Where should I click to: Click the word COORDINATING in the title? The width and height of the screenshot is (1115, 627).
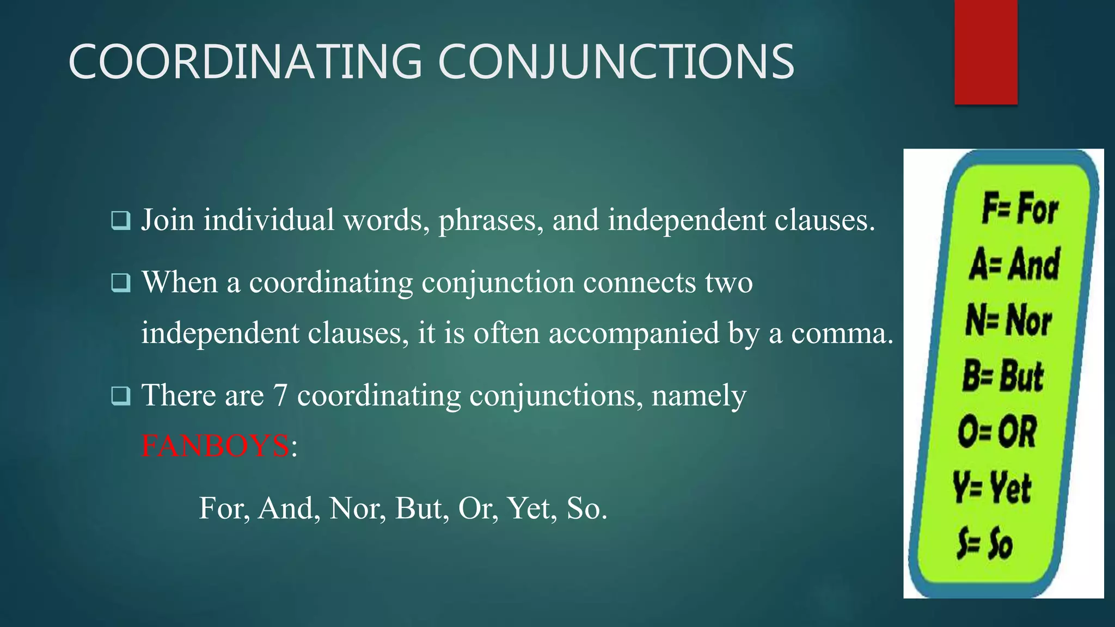point(245,62)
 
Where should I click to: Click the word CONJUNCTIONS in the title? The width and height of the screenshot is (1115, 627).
point(616,62)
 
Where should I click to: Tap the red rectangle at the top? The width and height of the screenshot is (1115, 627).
point(985,52)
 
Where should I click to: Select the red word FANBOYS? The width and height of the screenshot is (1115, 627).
point(215,446)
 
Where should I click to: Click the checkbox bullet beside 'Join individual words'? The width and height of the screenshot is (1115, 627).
point(120,220)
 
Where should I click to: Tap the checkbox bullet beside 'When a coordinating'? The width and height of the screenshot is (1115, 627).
point(120,283)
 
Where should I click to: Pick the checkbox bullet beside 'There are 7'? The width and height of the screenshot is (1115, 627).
point(120,396)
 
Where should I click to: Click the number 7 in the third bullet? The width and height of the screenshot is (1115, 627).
point(280,395)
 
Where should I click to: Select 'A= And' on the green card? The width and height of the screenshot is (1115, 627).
point(1014,265)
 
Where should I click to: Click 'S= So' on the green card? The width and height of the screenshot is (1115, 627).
point(985,543)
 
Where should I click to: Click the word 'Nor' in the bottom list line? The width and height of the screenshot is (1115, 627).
point(357,508)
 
